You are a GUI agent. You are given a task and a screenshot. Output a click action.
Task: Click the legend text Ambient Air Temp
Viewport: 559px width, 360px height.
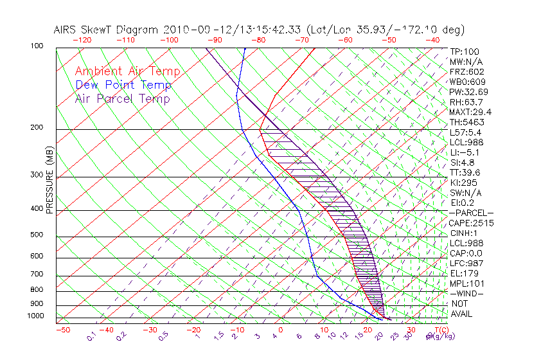click(x=127, y=71)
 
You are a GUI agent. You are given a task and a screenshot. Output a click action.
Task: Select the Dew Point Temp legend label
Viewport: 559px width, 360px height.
click(x=123, y=85)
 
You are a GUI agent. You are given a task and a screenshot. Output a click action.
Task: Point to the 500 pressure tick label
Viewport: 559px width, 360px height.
click(x=37, y=235)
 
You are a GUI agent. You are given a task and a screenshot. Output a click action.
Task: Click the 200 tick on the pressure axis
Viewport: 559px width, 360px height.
click(x=37, y=127)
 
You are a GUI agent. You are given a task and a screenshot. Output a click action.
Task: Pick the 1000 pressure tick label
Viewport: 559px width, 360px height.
click(x=35, y=316)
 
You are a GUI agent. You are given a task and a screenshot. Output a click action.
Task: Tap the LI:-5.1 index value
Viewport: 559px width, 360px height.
click(x=465, y=152)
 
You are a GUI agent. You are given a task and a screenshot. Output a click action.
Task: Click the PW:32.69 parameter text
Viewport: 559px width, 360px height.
click(x=468, y=92)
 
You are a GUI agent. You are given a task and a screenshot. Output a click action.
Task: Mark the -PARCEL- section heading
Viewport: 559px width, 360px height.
click(x=471, y=213)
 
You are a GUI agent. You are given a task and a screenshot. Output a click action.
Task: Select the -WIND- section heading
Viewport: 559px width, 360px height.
click(x=467, y=293)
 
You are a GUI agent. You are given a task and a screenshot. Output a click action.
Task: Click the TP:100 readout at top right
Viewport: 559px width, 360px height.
click(x=465, y=51)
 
